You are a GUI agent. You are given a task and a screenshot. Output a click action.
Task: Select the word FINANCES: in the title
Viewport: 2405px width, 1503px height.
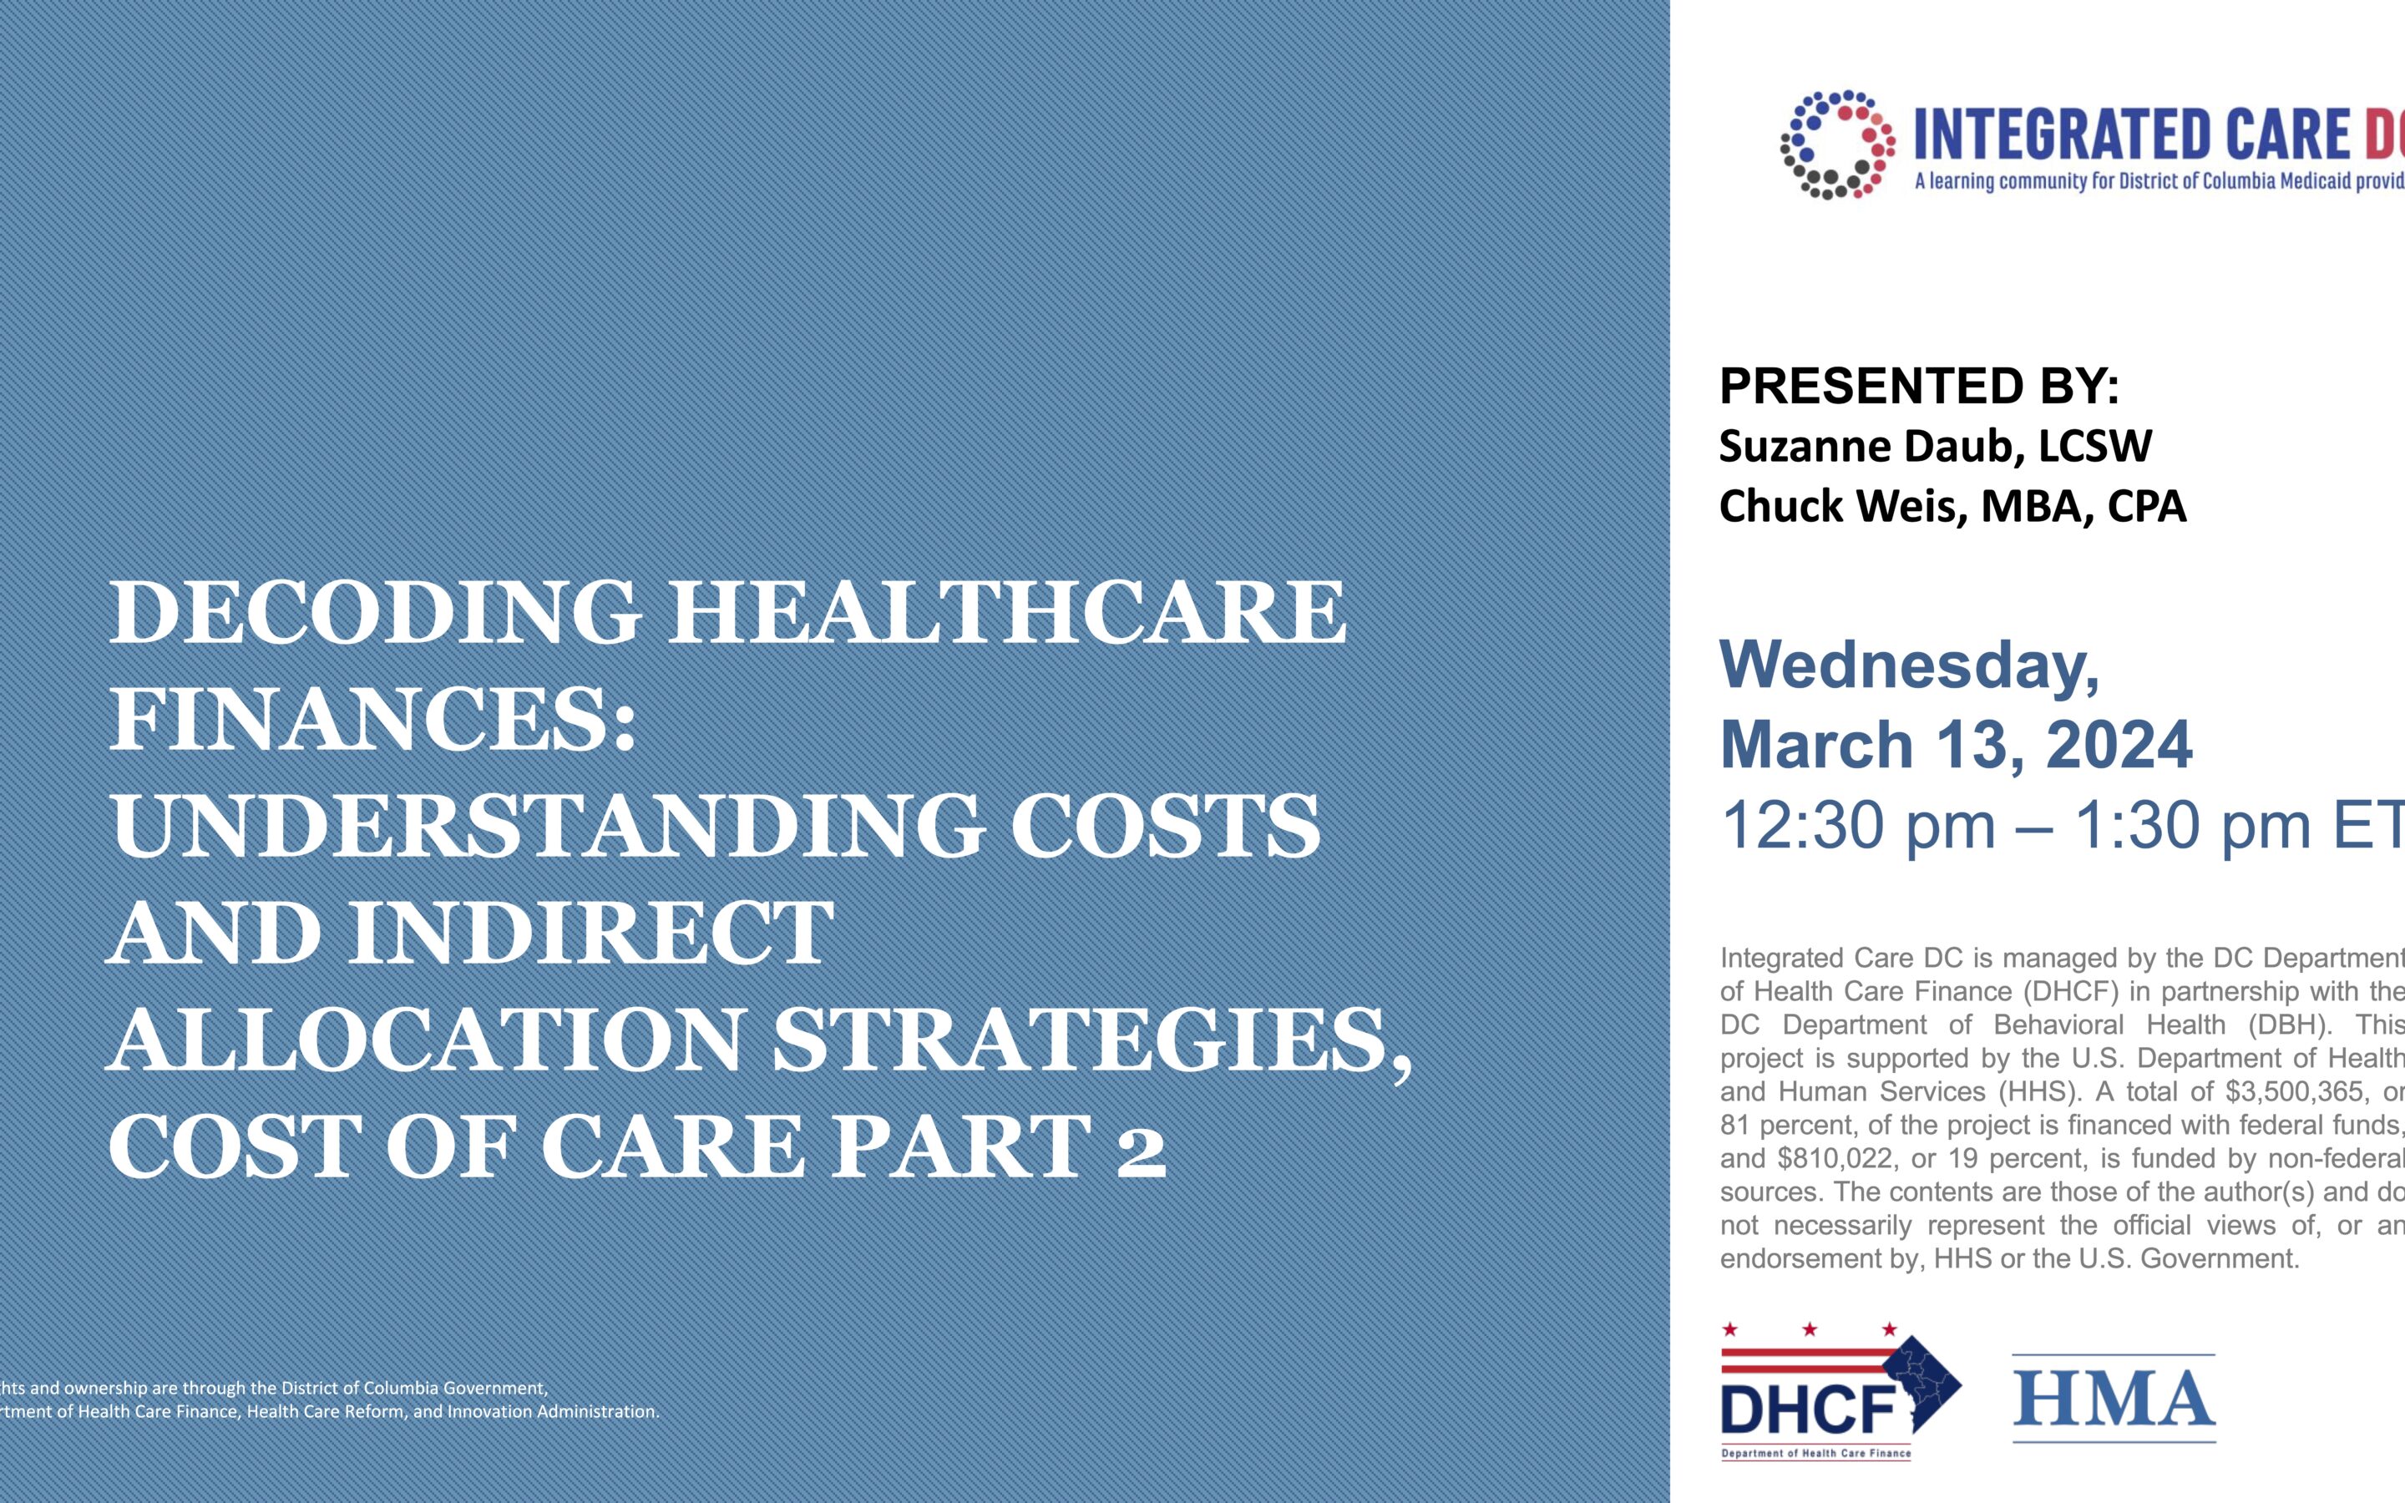[372, 720]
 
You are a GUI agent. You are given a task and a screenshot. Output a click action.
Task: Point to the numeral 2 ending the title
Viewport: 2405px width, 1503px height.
[1140, 1148]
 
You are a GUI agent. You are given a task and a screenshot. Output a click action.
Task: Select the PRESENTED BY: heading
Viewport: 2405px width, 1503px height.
[1918, 386]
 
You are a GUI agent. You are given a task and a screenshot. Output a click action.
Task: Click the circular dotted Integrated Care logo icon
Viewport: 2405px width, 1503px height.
[1836, 145]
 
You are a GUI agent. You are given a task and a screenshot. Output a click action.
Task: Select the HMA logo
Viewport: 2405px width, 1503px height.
[2113, 1399]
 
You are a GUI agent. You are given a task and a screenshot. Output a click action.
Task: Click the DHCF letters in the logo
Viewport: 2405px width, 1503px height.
[1807, 1409]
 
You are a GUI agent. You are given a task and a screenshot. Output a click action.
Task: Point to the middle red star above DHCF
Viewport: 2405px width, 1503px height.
[1810, 1329]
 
